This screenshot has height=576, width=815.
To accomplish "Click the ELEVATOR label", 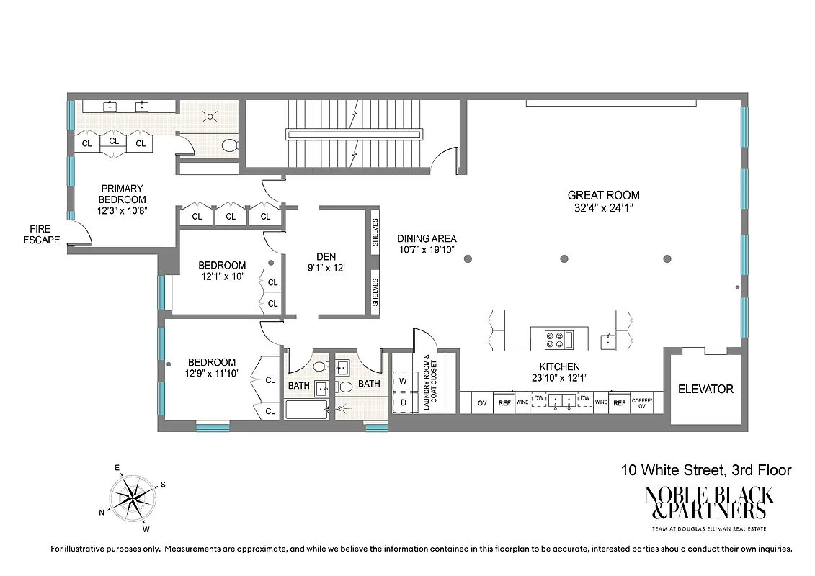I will click(705, 389).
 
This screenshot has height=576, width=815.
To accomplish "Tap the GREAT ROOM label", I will click(603, 195).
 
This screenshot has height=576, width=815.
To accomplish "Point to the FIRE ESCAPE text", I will click(42, 235).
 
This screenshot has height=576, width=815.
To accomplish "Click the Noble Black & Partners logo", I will click(708, 503).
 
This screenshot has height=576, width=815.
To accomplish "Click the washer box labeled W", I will click(403, 380).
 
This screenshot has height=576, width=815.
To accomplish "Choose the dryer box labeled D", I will click(403, 402).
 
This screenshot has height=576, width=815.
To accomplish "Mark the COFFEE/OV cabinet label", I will click(641, 403).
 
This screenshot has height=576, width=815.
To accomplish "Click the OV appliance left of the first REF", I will click(482, 403).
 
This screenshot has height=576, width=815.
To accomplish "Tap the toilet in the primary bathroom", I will click(230, 146).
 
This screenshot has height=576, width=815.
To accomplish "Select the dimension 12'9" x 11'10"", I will click(212, 374).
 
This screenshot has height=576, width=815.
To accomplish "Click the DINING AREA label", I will click(427, 239).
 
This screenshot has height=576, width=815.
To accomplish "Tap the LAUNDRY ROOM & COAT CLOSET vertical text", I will click(429, 382).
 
